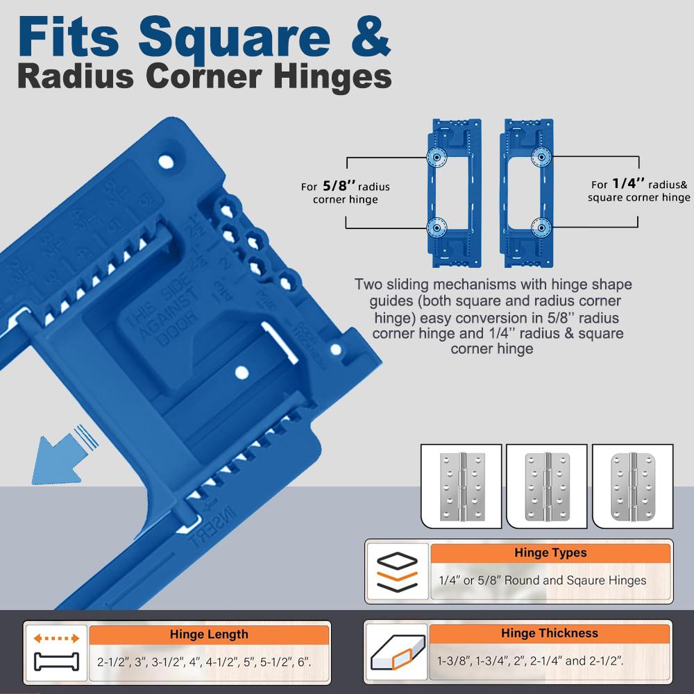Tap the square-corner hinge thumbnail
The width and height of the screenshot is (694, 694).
point(462,486)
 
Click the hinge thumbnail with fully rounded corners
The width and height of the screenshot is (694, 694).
point(632,486)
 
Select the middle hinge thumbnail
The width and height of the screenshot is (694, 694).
point(546,486)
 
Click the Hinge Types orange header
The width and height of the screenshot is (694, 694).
point(550,553)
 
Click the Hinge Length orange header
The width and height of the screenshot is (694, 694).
point(209,634)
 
